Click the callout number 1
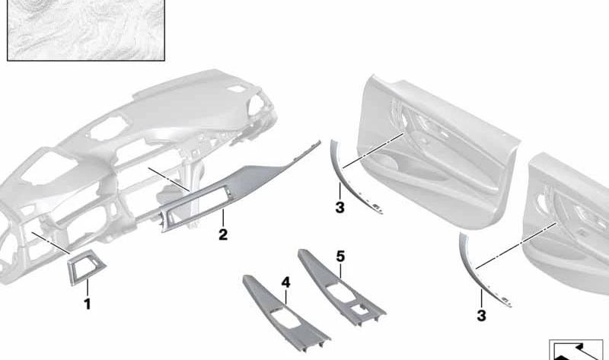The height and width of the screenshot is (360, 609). pos(88,304)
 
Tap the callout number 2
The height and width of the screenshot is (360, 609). pos(223,234)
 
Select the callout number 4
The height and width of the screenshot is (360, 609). pos(286,282)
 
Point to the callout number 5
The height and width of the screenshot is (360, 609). pos(340,256)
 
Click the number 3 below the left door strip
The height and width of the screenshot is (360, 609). pos(340,207)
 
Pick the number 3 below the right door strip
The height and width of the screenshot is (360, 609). pos(481,315)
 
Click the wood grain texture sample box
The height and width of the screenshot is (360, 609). pos(86,30)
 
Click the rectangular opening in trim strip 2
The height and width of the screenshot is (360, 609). pos(198,205)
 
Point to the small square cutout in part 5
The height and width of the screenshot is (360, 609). pos(359,310)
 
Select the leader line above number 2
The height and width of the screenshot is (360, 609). pos(223,218)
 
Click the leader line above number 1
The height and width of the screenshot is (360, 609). pos(88,288)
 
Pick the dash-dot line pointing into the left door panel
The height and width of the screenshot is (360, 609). pos(374,150)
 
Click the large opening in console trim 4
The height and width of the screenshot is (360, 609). pos(284,317)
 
